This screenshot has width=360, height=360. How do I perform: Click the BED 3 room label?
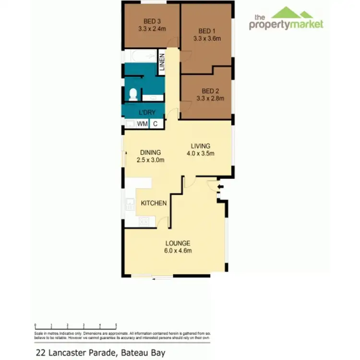pyautogui.click(x=152, y=21)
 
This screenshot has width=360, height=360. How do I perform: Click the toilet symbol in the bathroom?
pyautogui.click(x=132, y=95)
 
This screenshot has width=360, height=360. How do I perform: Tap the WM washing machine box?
pyautogui.click(x=142, y=124)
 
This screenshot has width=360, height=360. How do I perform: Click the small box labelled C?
pyautogui.click(x=156, y=124)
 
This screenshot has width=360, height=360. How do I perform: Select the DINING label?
pyautogui.click(x=150, y=153)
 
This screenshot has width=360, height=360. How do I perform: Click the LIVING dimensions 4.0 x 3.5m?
pyautogui.click(x=200, y=154)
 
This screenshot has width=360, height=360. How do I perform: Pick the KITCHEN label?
pyautogui.click(x=154, y=203)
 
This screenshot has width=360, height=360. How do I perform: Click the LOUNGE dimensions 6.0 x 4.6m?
pyautogui.click(x=179, y=251)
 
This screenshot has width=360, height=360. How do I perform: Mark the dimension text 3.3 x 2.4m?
pyautogui.click(x=152, y=28)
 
